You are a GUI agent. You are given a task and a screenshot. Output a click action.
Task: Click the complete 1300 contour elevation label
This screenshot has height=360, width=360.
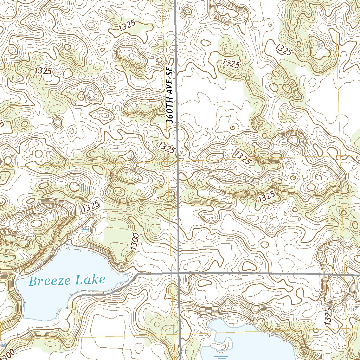coord(135,242)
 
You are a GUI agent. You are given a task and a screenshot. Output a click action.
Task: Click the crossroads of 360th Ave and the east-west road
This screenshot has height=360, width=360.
coord(179,273)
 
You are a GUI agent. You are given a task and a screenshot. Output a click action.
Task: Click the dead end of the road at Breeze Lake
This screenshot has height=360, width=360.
coord(78,296)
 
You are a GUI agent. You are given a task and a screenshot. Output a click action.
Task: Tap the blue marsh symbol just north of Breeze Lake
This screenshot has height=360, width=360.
coord(85,230)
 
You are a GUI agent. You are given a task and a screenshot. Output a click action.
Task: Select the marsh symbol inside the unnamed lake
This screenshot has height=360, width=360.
coord(221,356)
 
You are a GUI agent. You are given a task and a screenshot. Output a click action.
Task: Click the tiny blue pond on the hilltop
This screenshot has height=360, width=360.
coord(319,45)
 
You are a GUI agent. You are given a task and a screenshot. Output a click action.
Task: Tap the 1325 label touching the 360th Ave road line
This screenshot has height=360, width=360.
coord(166,148)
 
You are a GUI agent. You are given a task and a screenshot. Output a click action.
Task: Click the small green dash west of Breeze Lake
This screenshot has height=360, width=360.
coord(6,257)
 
